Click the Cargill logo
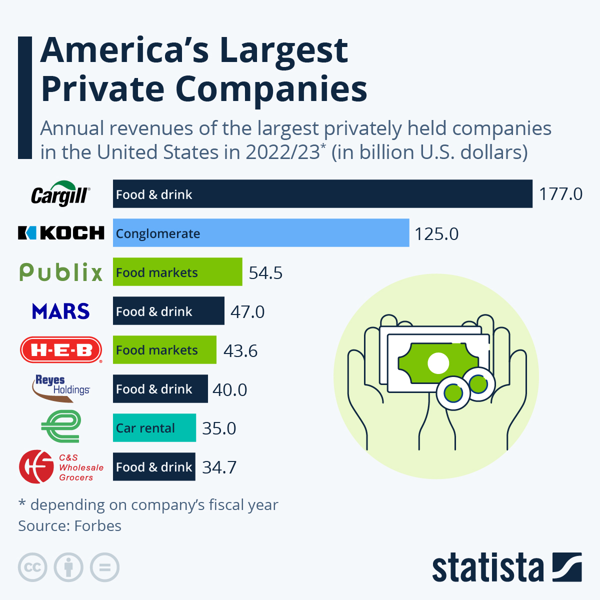point(60,194)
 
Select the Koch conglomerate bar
point(261,233)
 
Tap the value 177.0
point(560,194)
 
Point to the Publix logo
point(61,272)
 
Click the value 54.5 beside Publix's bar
point(265,273)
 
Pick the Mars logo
point(61,311)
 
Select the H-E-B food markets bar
point(164,350)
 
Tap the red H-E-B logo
point(61,350)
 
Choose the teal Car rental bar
point(154,428)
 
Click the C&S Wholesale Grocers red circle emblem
point(36,466)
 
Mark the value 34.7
point(219,467)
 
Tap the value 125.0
point(436,234)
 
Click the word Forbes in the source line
point(98,526)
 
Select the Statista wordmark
point(487,567)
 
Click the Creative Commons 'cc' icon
point(32,567)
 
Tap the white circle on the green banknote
point(438,363)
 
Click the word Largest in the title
point(283,51)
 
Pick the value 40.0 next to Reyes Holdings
point(229,389)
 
